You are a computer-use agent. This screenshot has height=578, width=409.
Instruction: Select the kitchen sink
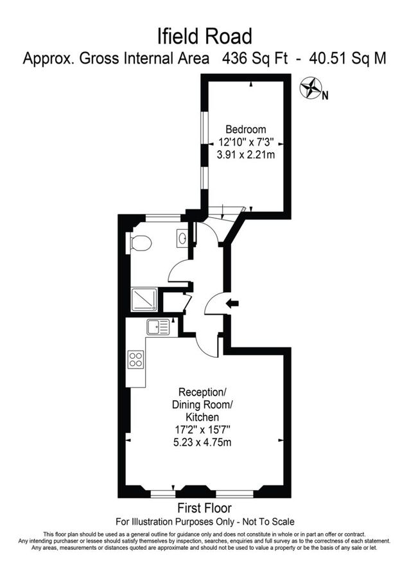coord(157,327)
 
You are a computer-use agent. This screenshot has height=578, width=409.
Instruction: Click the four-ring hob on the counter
coord(136,359)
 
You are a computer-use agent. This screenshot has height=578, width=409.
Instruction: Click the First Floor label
coord(204,509)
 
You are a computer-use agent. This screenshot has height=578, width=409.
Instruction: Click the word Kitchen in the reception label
coord(203,417)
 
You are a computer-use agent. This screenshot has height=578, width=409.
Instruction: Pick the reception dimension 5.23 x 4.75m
coord(204,442)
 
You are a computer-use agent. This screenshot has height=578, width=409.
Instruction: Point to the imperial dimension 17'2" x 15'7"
coord(203,430)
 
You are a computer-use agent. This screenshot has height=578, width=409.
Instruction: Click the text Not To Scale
coord(265,521)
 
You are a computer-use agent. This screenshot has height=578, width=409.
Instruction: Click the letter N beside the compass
coord(326,96)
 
